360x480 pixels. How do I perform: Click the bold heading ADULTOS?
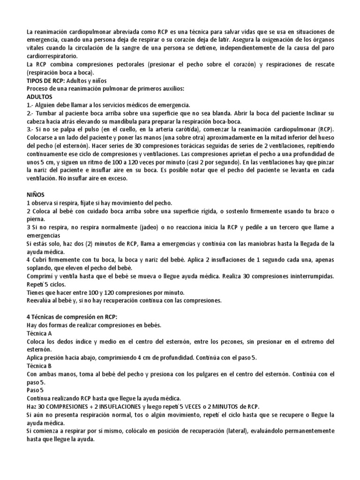pyautogui.click(x=39, y=97)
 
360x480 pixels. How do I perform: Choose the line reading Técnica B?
pyautogui.click(x=41, y=366)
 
